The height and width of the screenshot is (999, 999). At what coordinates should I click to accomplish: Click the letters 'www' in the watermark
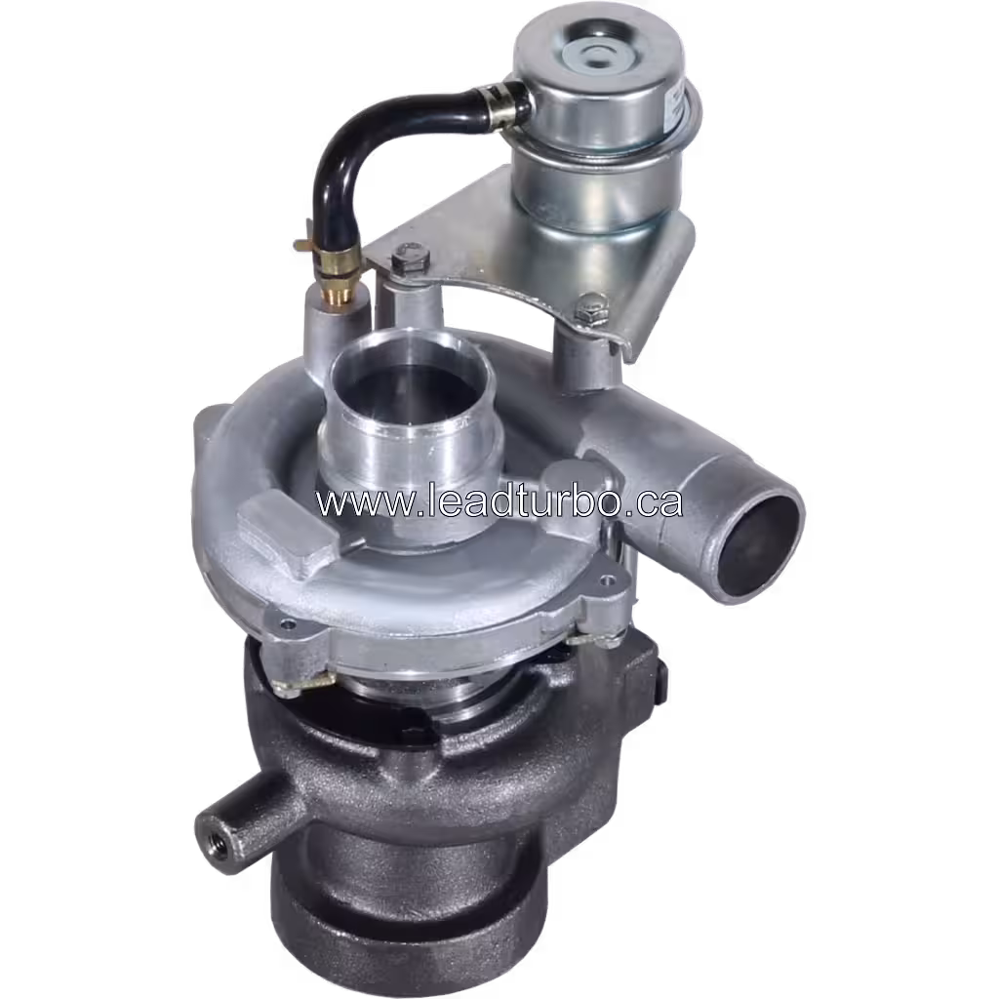(352, 503)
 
